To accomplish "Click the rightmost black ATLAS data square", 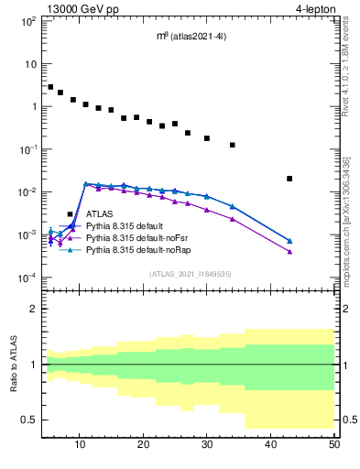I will [289, 179].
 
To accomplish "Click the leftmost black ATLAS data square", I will [50, 87].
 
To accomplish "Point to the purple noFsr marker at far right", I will [289, 252].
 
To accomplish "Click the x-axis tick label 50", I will [333, 444].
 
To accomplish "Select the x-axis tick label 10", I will [81, 444].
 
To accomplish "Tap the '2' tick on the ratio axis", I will [35, 309].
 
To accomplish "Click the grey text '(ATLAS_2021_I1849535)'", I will [190, 273].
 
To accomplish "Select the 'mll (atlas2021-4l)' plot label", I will [191, 37].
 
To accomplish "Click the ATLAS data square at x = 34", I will [233, 145].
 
